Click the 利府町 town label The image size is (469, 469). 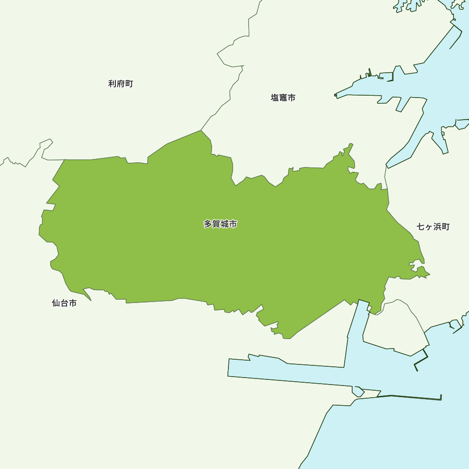coord(121,84)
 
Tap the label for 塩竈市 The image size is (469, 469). coord(283,98)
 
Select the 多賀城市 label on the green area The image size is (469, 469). coord(220,224)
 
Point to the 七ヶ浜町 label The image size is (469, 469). coord(433,227)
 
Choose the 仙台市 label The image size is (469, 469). coord(64,303)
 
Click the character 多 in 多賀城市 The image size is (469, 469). coord(208,224)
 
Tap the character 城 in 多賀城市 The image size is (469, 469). coord(225,224)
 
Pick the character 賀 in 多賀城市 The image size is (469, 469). coord(216,224)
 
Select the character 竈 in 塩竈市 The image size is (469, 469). coord(283,98)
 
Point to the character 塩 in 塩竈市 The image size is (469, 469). coord(275,98)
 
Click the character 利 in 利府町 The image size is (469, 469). coord(112,84)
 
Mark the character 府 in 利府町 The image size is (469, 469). coord(121,84)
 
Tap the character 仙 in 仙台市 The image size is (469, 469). coord(56,303)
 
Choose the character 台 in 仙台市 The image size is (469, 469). coord(64,303)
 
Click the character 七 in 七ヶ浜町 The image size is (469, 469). coord(421,227)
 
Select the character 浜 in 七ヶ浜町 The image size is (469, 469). coord(437,227)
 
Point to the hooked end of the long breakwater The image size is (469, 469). coord(441,397)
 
